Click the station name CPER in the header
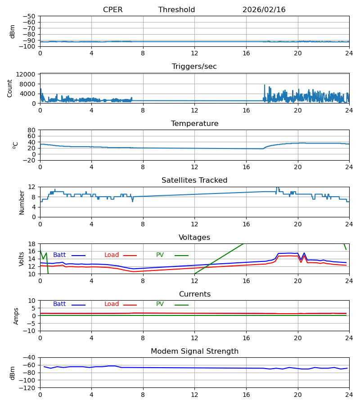(x=112, y=10)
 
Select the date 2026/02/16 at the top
(x=264, y=10)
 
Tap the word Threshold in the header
(x=176, y=10)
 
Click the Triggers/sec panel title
(x=194, y=67)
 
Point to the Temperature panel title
(x=194, y=124)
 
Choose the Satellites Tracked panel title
(x=194, y=180)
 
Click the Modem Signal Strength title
(x=194, y=351)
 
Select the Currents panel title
(x=194, y=294)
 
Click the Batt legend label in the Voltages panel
(x=59, y=255)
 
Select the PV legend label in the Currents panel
(x=160, y=304)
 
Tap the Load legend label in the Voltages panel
(x=112, y=255)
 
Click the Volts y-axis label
(x=22, y=259)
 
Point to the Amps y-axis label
(x=16, y=316)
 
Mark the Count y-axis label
(x=10, y=88)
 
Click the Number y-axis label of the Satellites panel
(x=22, y=202)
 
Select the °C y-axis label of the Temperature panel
(x=15, y=145)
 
